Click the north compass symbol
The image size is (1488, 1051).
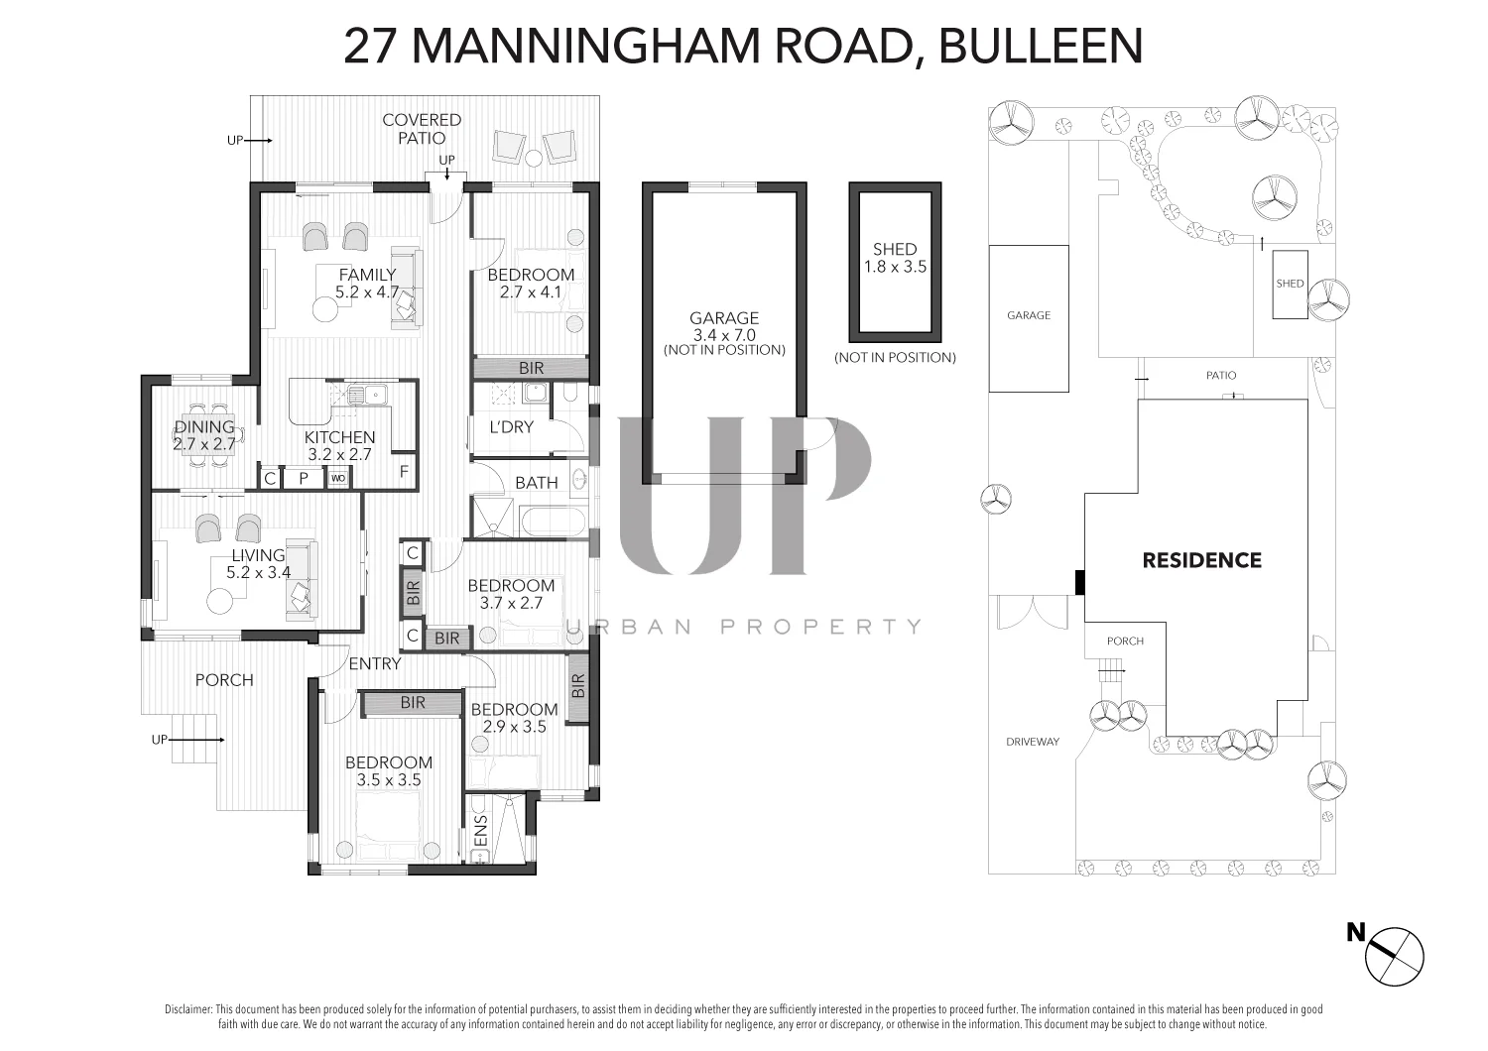click(1394, 955)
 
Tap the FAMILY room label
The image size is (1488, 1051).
click(367, 275)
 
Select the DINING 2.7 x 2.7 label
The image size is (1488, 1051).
click(204, 435)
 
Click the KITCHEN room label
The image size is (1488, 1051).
click(339, 437)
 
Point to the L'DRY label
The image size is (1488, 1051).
click(511, 427)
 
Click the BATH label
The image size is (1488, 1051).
click(536, 483)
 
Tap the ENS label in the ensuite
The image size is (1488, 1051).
click(481, 831)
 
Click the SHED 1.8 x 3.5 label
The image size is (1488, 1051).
click(895, 258)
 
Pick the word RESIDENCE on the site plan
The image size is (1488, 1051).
click(1201, 560)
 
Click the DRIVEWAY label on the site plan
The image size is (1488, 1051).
click(1033, 742)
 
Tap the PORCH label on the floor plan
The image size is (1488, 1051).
click(224, 680)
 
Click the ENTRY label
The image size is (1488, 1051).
click(375, 664)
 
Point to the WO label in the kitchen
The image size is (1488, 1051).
click(338, 479)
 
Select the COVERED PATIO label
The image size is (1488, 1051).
click(422, 129)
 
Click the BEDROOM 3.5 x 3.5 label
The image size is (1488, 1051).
click(389, 771)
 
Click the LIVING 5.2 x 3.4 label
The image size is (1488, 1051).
click(258, 563)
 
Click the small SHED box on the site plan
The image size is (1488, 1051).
click(1290, 285)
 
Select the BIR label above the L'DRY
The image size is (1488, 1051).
click(532, 368)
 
